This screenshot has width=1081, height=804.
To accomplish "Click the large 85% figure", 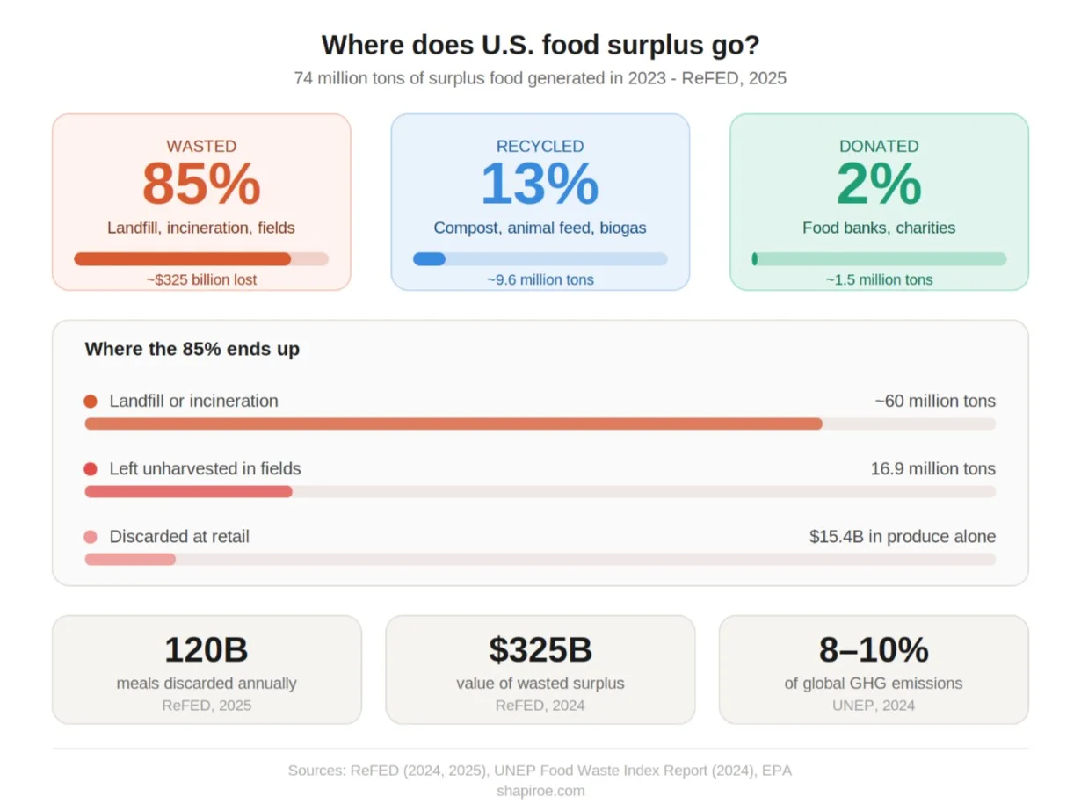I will point(201,185).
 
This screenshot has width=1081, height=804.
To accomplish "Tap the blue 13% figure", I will point(540,185).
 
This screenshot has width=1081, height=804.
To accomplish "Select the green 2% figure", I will point(879,185).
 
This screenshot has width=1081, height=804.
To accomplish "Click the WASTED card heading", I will point(201,147).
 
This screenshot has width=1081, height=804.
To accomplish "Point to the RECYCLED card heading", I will point(540,147).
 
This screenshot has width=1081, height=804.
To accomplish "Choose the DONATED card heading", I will point(879,147).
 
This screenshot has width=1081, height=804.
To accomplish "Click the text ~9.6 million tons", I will point(540,279).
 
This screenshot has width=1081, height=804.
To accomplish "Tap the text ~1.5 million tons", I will point(879,279).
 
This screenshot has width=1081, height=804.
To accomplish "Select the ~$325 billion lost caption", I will point(201,279).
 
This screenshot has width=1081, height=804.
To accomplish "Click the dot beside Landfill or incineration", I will point(91,402).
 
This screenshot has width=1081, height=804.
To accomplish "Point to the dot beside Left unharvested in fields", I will point(91,469).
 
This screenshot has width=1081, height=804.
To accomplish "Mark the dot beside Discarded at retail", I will point(91,537).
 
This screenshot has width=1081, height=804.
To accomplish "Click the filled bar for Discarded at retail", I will point(130,559).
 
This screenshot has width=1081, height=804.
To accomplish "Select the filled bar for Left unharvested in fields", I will point(188,491).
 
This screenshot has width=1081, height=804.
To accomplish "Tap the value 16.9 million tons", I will point(932,469).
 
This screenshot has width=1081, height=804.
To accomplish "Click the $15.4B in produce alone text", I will point(902,537).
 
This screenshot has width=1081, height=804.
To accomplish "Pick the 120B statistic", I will point(207,650).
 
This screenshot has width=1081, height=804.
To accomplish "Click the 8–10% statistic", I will point(873,650).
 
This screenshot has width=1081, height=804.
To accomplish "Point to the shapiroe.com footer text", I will point(540,790).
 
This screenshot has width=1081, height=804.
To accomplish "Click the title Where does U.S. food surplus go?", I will point(540,45).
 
